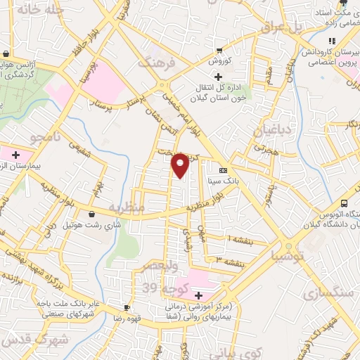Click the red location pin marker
click(x=181, y=164)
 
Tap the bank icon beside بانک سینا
click(x=224, y=170)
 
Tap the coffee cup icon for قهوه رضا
click(x=127, y=307)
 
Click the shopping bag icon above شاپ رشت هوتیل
click(x=93, y=214)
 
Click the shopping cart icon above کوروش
click(x=219, y=50)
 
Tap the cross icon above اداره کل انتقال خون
click(x=219, y=76)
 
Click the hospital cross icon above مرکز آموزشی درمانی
click(x=198, y=295)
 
